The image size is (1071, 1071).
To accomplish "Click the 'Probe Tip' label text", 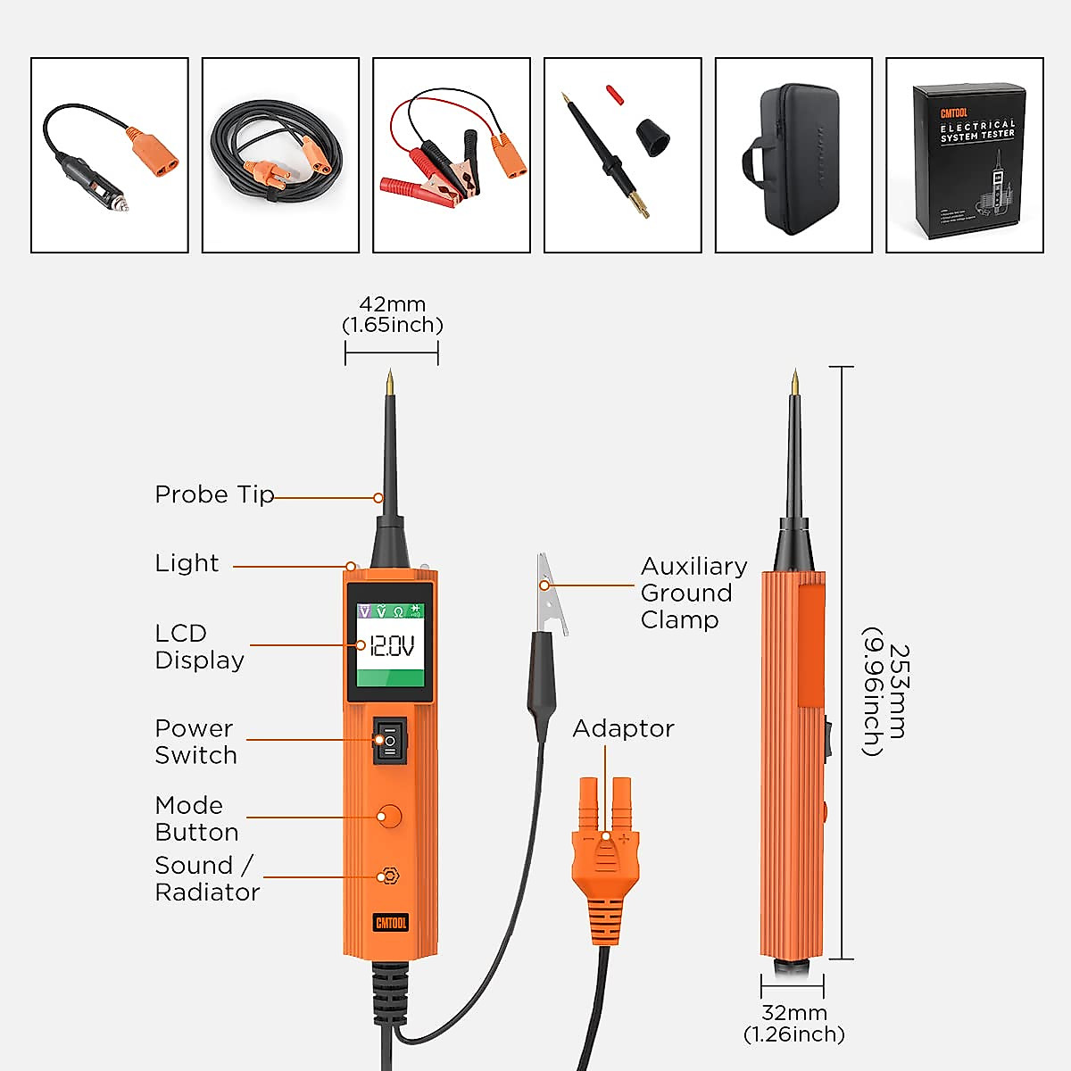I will (214, 494).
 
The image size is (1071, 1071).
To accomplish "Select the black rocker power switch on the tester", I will (390, 740).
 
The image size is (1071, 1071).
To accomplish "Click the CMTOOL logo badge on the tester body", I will (390, 922).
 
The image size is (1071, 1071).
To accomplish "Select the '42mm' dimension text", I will (392, 304).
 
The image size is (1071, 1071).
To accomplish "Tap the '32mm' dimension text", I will (793, 1013).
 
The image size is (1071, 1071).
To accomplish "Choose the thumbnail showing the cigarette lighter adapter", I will (110, 155).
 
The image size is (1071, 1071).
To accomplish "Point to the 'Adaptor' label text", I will (623, 728).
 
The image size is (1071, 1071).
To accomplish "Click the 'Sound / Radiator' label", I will (207, 878).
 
